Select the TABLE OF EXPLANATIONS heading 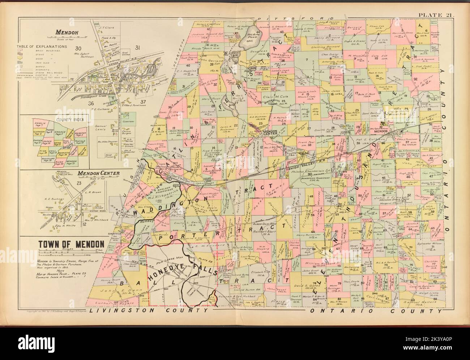coord(42,47)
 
